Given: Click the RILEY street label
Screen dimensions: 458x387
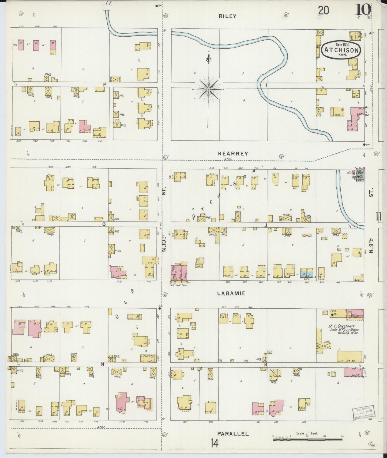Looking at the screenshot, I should pos(227,16).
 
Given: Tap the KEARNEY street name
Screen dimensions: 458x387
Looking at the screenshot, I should pos(233,154).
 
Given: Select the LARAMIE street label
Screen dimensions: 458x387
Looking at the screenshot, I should pos(231,293).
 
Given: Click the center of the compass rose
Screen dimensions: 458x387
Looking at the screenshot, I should pos(208,89).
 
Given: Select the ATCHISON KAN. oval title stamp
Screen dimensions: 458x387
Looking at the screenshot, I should pos(341,50).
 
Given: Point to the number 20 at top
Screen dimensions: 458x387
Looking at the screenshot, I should pos(323,11).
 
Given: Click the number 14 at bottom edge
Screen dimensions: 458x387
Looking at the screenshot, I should pos(214,444).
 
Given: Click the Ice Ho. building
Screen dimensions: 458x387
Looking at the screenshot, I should pos(350,356).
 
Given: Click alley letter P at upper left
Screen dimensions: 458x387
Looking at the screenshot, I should pos(105,84).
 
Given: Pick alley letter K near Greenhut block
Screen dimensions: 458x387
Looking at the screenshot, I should pos(266,365).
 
